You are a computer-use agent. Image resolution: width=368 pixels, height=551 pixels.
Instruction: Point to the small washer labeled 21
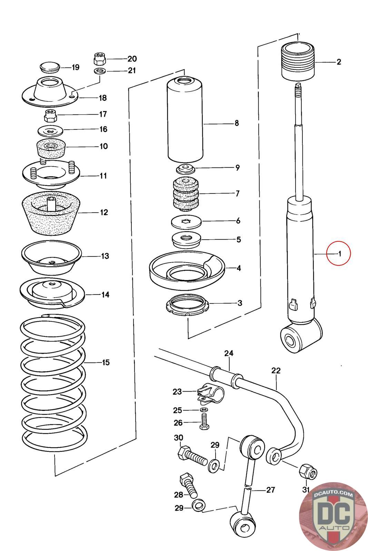click(100, 71)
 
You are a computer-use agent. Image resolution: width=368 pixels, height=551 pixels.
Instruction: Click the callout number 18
click(103, 98)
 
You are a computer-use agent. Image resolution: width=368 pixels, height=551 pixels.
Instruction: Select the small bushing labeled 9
click(186, 169)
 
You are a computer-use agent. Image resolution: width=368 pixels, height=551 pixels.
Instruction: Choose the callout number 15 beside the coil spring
click(106, 362)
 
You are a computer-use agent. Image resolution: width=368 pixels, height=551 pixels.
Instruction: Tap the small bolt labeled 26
click(204, 422)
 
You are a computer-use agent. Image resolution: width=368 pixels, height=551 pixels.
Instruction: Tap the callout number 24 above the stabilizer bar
click(229, 353)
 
